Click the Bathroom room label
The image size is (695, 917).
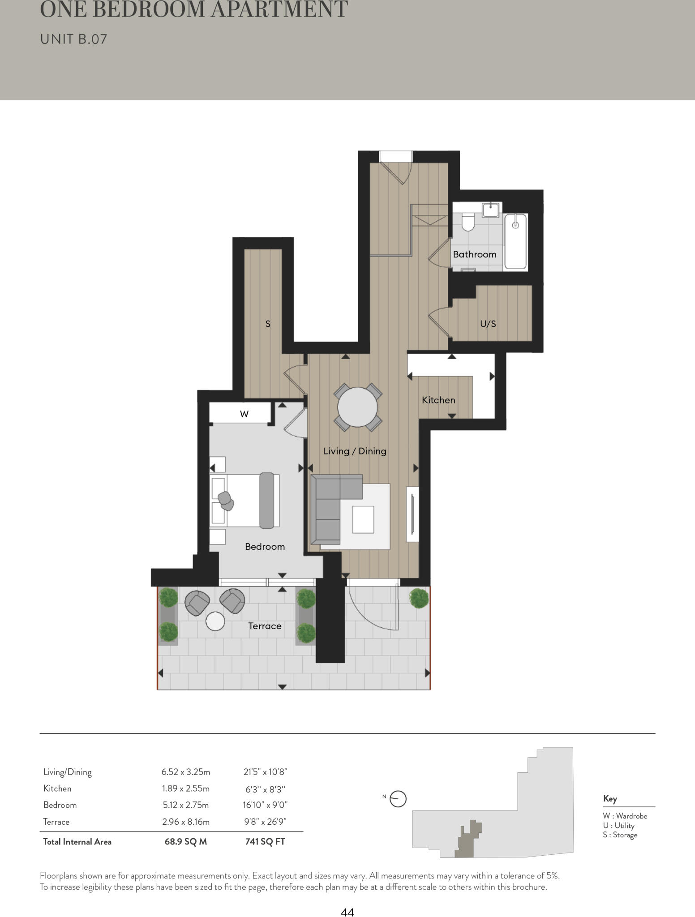tap(474, 254)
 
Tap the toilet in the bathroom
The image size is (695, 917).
tap(468, 222)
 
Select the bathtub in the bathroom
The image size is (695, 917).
tap(515, 241)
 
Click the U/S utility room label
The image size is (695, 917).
tap(488, 324)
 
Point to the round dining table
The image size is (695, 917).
tap(357, 407)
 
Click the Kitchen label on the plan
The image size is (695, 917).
tap(438, 400)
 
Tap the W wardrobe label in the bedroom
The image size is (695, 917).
tap(244, 414)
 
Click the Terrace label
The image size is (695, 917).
tap(265, 626)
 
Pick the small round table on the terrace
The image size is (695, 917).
tap(215, 621)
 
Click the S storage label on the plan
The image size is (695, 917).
tap(268, 324)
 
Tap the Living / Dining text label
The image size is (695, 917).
tap(355, 451)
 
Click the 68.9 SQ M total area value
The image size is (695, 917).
tap(185, 841)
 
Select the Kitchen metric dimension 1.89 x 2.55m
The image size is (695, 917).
tap(185, 788)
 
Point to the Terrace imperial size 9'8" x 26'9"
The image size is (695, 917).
tap(265, 822)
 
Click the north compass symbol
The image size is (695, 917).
tap(398, 799)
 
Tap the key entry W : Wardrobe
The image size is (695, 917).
tap(625, 816)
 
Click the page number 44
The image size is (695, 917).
tap(347, 912)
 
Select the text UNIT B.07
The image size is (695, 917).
tap(74, 39)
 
